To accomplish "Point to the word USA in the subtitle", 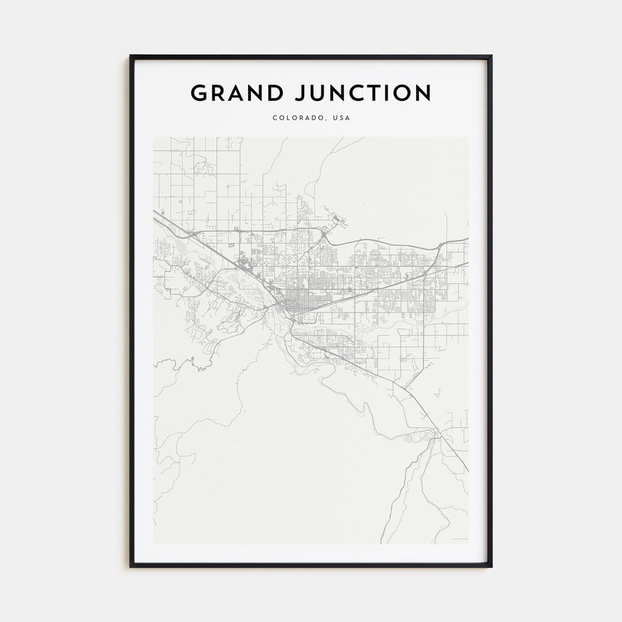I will [341, 118].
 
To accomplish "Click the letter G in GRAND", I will [199, 93].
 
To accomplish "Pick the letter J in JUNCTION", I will [299, 93].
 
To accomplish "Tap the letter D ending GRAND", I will [273, 93].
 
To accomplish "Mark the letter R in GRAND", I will [217, 93].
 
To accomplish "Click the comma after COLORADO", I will [326, 120].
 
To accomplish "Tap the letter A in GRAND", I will [235, 93].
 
